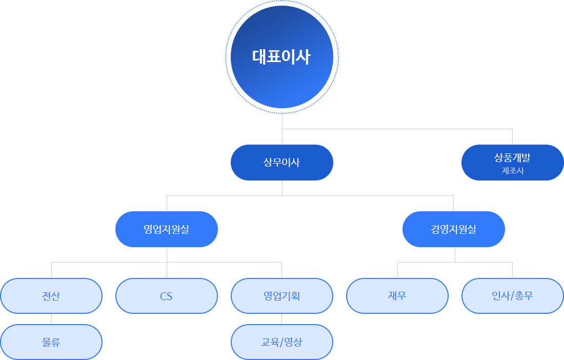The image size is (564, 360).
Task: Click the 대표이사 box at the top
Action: [281, 57]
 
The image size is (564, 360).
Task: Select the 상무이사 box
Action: [281, 163]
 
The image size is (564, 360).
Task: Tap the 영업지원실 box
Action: [166, 229]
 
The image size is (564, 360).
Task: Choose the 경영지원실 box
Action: [453, 229]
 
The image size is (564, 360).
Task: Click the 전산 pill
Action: [51, 296]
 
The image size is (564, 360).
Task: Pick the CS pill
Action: [166, 296]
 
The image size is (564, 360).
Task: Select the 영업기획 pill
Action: [281, 296]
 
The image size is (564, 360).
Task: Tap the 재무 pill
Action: [397, 296]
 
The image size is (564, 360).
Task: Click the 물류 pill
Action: [51, 342]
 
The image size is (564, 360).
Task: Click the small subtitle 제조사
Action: [512, 171]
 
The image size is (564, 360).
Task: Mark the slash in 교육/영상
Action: [281, 342]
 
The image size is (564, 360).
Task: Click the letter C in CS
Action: [163, 296]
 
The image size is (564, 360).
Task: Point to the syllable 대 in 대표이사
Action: [259, 57]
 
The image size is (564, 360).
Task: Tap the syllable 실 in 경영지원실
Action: [472, 229]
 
